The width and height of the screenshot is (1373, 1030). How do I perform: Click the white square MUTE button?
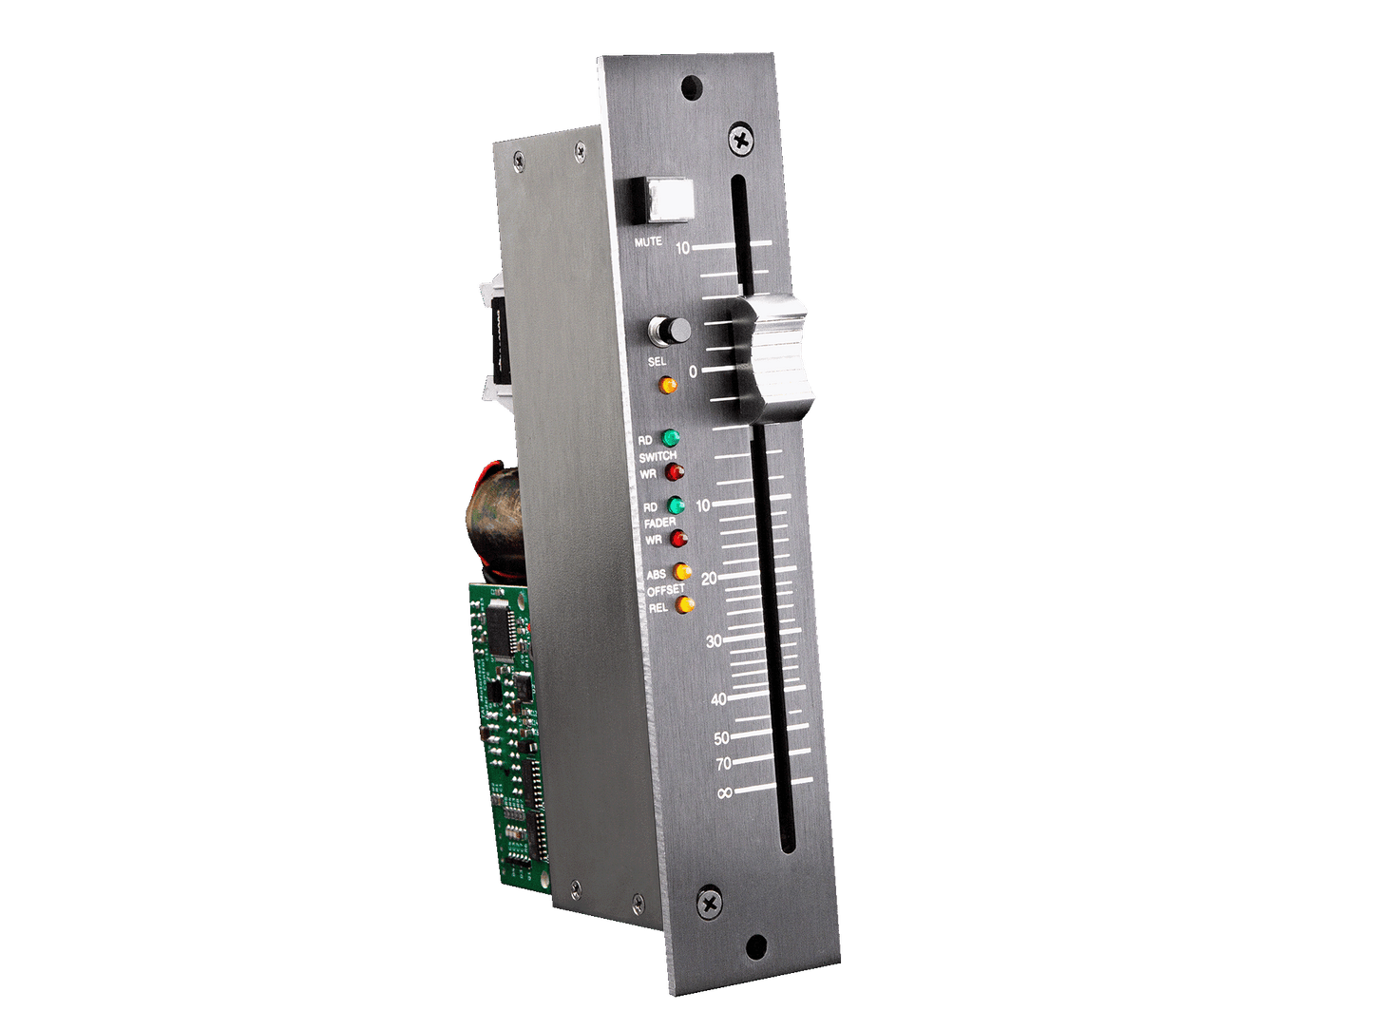[x=671, y=200]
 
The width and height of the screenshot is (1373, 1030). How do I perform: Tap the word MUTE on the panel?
[x=648, y=241]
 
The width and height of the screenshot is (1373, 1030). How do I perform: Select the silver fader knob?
[x=774, y=357]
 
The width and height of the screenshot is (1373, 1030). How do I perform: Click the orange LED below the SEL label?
[x=668, y=385]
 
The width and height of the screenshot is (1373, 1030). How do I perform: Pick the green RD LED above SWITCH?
[x=671, y=437]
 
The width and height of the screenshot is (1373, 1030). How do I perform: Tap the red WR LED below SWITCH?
[x=675, y=472]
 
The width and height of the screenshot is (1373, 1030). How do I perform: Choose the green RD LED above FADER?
[x=677, y=505]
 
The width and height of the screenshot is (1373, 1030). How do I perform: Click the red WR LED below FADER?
[x=678, y=538]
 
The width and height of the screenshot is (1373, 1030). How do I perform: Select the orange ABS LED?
[x=682, y=572]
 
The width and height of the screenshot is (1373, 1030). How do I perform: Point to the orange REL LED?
[x=686, y=604]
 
